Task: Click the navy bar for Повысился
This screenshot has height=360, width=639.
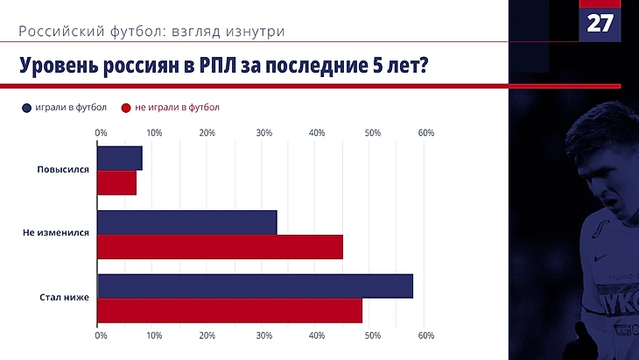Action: tap(119, 158)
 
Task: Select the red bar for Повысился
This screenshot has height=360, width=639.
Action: tap(116, 182)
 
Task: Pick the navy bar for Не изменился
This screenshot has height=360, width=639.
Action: tap(186, 222)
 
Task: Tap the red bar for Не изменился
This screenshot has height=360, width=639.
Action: tap(220, 247)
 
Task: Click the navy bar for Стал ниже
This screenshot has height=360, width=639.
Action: tap(255, 286)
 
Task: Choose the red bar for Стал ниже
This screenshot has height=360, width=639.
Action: tap(229, 310)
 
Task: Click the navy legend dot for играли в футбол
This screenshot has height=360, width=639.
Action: tap(27, 108)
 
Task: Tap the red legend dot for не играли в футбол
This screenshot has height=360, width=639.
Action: tap(126, 108)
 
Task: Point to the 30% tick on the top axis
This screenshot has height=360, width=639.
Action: tap(263, 132)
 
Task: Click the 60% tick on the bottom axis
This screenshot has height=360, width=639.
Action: tap(426, 335)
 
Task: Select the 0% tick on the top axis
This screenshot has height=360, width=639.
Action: tap(101, 132)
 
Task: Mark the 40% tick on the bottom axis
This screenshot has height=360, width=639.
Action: tap(318, 335)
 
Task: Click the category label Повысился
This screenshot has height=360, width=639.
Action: tap(64, 170)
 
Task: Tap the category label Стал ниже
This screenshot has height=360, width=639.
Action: tap(66, 299)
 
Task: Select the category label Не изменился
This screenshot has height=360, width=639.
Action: tap(58, 235)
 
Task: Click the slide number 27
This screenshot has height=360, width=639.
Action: tap(600, 23)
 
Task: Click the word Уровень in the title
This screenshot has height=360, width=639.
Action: tap(55, 66)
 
